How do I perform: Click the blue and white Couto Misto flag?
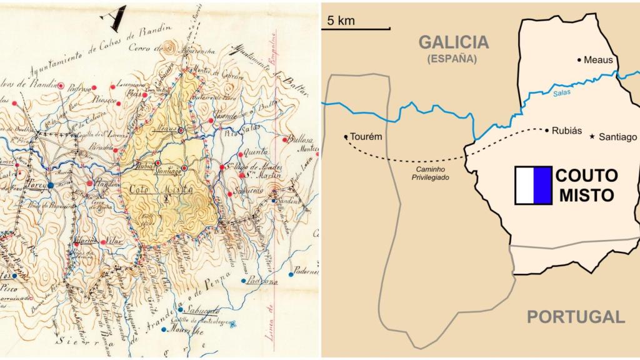pos(533,186)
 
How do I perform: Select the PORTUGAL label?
pos(575,316)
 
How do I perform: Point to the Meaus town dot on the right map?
pos(579,60)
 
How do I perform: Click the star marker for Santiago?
pos(592,136)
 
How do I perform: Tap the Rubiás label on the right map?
pos(567,131)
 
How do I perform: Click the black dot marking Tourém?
pos(346,137)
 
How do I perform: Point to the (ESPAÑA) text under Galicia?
pos(452,59)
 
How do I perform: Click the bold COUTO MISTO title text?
pos(586,185)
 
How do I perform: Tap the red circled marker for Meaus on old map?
pos(181,130)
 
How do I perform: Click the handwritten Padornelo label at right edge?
pos(305,272)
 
